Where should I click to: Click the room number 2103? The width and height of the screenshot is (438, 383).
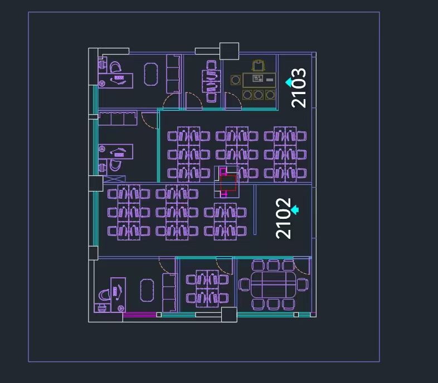tap(299, 87)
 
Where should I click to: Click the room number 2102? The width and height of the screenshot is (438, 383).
tap(283, 218)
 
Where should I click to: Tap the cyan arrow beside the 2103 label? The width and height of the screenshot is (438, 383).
tap(289, 82)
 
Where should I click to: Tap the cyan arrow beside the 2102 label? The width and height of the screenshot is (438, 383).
tap(295, 210)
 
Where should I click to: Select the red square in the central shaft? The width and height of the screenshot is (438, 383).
tap(228, 183)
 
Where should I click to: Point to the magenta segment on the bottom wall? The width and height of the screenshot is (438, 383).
tap(139, 315)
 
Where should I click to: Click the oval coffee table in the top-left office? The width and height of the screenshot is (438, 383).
tap(151, 74)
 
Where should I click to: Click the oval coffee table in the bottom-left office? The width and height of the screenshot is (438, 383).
tap(147, 291)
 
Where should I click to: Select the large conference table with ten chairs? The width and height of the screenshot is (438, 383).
tap(273, 284)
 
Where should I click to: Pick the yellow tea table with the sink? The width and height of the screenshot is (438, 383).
tap(259, 80)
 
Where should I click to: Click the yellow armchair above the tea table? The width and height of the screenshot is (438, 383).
tap(259, 66)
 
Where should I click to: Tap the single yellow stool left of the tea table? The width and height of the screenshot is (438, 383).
tap(236, 80)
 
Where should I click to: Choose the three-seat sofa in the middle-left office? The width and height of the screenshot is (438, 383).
tap(118, 119)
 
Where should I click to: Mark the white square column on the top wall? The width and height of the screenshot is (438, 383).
tap(229, 51)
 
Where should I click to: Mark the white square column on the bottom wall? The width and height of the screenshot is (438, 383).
tap(229, 315)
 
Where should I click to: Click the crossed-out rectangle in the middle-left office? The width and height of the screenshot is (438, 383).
tap(115, 179)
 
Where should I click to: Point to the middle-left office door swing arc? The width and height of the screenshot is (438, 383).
tap(149, 121)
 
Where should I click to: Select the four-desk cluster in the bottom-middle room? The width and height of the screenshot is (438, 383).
tap(207, 289)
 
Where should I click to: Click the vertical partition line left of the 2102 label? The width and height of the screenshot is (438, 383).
tap(255, 210)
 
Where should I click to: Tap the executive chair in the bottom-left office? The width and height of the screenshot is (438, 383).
tap(104, 295)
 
